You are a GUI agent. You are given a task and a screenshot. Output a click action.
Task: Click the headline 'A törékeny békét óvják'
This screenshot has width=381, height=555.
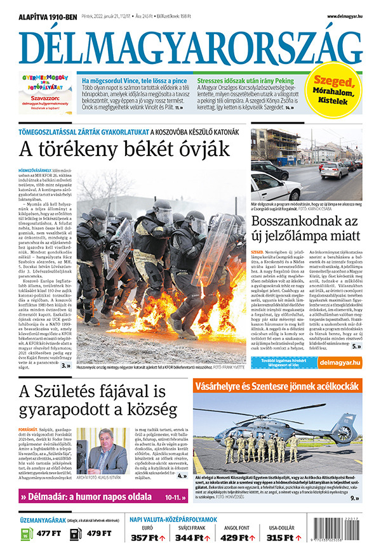(x=123, y=150)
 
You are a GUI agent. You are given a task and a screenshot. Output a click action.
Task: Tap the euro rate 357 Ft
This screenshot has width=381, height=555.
(x=150, y=538)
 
